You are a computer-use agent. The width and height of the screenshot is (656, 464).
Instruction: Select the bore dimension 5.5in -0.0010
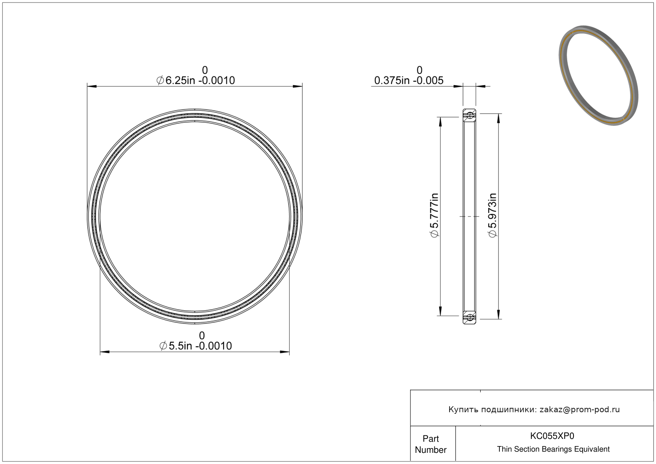196,346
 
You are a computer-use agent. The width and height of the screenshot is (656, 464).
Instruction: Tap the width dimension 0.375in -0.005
409,80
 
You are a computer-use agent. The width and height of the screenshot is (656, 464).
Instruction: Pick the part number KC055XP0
552,436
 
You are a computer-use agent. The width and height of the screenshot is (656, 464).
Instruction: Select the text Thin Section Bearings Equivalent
553,449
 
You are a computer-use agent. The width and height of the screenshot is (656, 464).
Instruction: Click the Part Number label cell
430,444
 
